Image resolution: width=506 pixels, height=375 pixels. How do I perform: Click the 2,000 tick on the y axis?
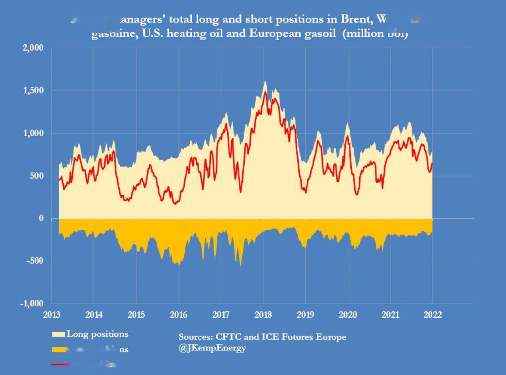coord(34,48)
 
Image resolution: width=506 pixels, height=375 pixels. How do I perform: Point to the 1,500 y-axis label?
coord(34,91)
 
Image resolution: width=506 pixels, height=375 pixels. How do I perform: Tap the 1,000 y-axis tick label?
coord(34,134)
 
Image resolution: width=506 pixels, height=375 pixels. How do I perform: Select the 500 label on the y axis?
coord(37,176)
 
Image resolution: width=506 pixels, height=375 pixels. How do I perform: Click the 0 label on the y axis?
coord(41,219)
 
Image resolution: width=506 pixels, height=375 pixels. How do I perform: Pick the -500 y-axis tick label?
coord(35,261)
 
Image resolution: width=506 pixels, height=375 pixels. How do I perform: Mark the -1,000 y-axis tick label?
coord(32,303)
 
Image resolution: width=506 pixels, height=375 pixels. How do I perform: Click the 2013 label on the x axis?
coord(51,315)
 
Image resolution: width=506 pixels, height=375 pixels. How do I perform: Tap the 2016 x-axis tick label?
coord(179,315)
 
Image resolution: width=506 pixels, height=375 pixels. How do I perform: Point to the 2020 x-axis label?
coord(348,315)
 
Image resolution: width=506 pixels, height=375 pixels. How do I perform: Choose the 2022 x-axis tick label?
coord(432,315)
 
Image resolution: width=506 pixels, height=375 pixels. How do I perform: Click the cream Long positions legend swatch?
coord(59,335)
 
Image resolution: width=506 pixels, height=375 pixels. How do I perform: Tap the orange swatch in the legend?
coord(59,350)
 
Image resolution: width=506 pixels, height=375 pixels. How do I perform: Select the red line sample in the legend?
coord(59,364)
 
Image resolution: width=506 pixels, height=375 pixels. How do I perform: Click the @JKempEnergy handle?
coord(212,348)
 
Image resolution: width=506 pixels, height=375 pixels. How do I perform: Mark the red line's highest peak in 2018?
coord(265,92)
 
